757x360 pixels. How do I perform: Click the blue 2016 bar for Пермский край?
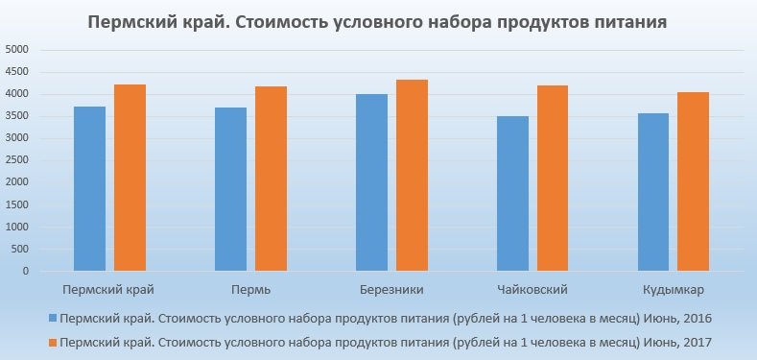89,189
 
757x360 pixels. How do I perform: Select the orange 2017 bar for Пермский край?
129,178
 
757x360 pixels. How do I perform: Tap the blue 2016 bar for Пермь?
230,189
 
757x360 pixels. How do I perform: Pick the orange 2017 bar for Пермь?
271,179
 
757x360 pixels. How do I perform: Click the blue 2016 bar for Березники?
372,182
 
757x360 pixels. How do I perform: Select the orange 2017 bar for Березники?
412,176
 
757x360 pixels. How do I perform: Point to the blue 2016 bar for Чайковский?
513,194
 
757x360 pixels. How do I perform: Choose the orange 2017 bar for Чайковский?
554,179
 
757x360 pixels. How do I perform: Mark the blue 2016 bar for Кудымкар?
654,192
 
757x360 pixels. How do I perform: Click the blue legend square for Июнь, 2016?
52,319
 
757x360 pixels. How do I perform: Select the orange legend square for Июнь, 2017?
52,342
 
